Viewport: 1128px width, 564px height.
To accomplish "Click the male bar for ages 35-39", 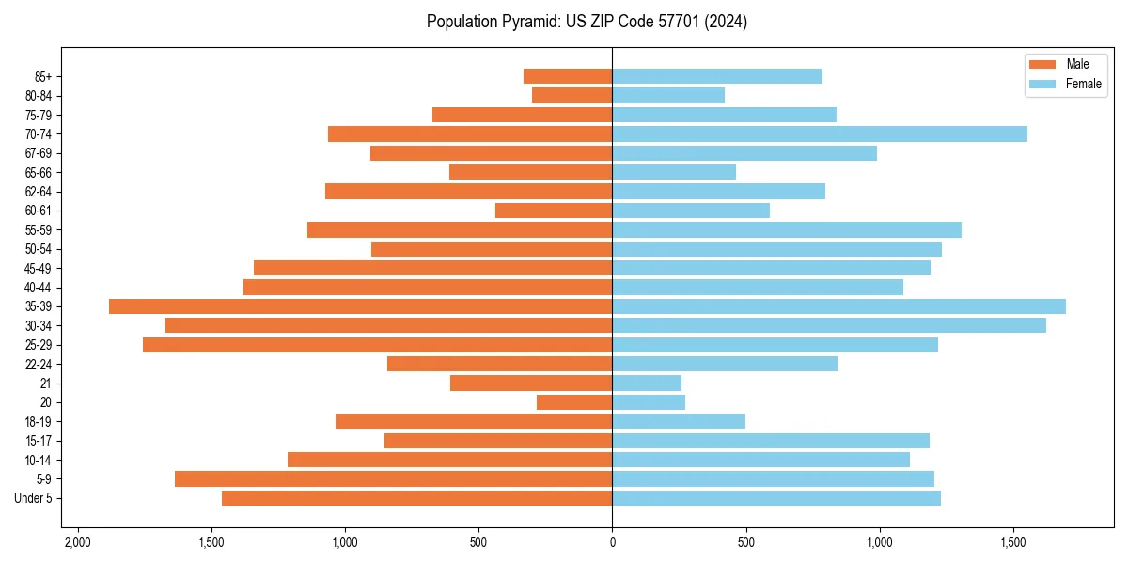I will click(360, 306).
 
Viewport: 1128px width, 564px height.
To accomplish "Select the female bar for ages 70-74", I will click(820, 133).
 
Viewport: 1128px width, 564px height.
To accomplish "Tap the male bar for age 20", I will click(574, 402).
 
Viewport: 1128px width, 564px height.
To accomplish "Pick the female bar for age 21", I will click(647, 384).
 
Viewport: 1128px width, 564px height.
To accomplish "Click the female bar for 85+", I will click(717, 76).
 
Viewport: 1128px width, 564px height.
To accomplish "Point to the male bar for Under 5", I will click(416, 498).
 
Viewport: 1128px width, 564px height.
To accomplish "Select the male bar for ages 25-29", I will click(377, 345).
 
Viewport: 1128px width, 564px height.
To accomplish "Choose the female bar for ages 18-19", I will click(679, 421).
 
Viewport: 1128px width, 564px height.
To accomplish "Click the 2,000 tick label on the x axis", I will click(77, 542).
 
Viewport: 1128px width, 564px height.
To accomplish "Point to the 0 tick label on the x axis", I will click(612, 542).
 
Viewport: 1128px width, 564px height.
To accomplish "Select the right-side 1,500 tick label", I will click(1012, 542).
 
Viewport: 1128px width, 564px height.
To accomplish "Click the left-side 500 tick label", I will click(478, 542).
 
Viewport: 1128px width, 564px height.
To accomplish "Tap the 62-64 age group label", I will click(38, 192).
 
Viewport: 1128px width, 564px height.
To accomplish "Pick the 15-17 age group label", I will click(38, 441).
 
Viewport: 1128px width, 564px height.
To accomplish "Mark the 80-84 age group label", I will click(38, 96).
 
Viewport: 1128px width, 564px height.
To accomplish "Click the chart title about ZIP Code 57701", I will click(587, 22).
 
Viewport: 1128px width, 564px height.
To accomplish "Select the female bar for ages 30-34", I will click(829, 325).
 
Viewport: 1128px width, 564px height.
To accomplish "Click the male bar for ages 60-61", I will click(554, 211).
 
